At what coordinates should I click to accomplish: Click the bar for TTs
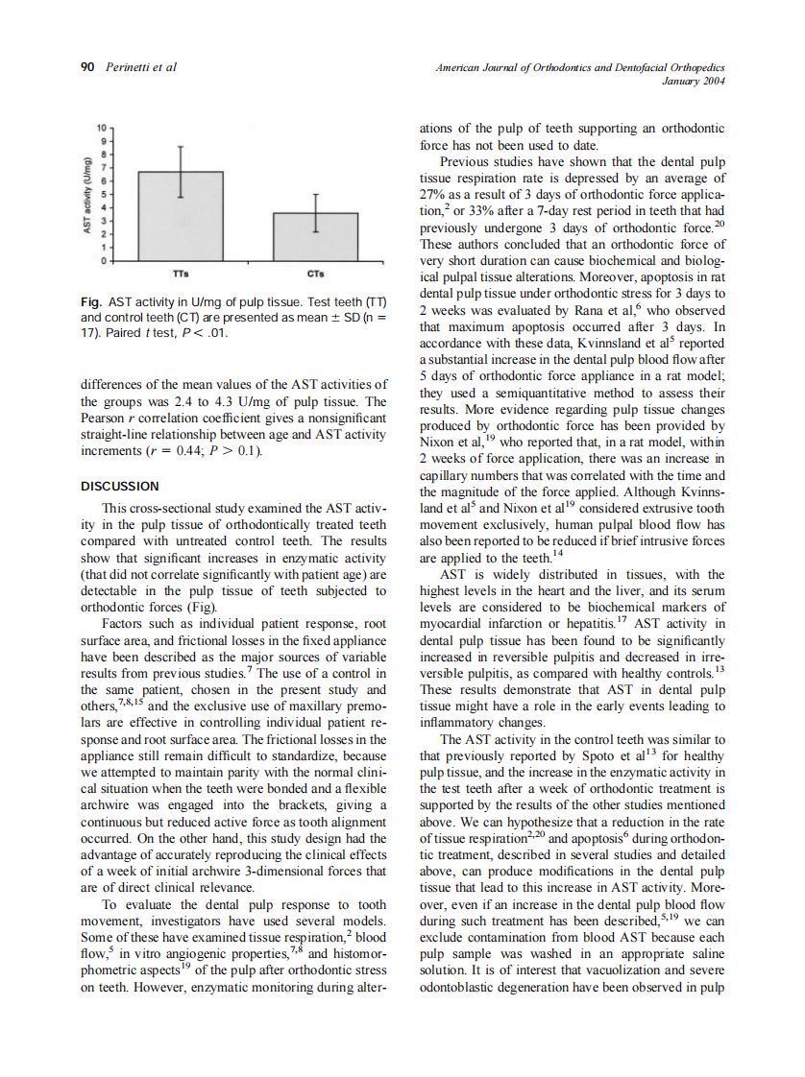point(181,216)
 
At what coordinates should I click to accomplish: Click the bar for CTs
point(315,236)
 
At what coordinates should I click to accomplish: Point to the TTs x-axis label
point(181,274)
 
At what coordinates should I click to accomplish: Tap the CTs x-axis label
point(315,274)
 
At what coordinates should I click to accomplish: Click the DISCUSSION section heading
point(119,487)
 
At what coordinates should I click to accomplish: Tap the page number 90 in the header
point(85,67)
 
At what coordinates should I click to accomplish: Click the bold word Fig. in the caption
point(92,303)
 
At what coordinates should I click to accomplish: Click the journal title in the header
point(579,67)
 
